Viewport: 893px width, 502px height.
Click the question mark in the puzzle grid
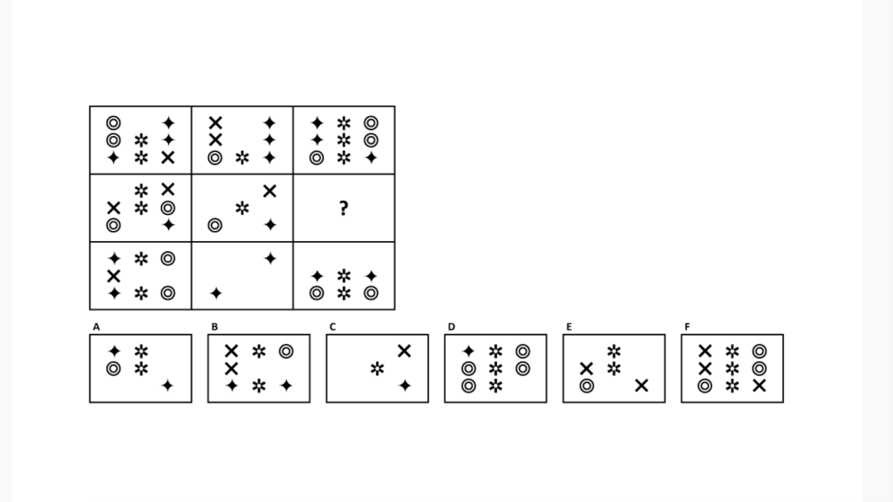click(x=343, y=208)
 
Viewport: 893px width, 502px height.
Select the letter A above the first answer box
click(x=96, y=327)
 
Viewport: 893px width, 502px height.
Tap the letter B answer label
click(x=214, y=327)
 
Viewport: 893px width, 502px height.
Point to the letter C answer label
click(x=332, y=327)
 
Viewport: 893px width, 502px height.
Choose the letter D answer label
click(x=451, y=327)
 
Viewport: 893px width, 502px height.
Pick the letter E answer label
click(x=569, y=327)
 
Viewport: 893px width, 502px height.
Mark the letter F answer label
click(x=687, y=327)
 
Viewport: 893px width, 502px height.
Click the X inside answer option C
click(x=404, y=351)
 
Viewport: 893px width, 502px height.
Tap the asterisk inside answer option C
click(x=377, y=368)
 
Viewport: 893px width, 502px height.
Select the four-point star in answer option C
click(x=404, y=386)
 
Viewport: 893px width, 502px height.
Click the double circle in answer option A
click(x=114, y=368)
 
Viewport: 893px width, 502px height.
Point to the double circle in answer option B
click(x=286, y=351)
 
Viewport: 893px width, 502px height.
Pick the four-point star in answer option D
click(x=469, y=351)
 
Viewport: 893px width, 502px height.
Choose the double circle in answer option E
click(x=587, y=386)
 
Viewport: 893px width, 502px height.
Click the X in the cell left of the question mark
click(x=269, y=192)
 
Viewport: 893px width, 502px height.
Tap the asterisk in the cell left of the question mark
click(x=242, y=208)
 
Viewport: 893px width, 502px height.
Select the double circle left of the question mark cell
click(x=215, y=225)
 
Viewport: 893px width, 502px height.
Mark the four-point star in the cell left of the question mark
click(x=269, y=225)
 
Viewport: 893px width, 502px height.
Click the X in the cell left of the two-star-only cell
click(x=114, y=276)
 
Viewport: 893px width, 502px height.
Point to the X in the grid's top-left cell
click(x=168, y=157)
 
